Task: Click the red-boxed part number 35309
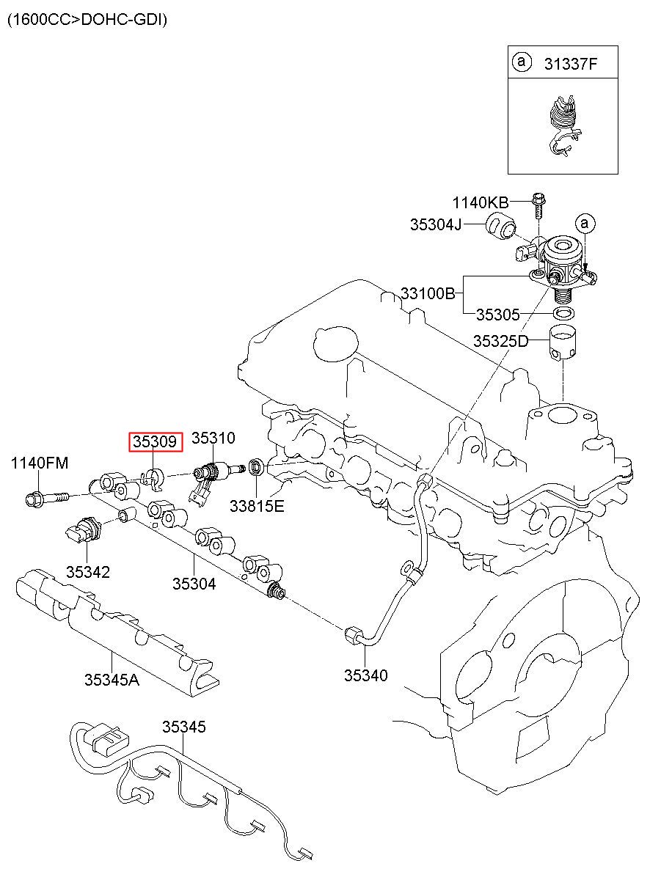pyautogui.click(x=155, y=441)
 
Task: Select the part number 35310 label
pyautogui.click(x=213, y=438)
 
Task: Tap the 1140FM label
pyautogui.click(x=40, y=463)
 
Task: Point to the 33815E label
pyautogui.click(x=257, y=506)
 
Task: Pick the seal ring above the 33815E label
pyautogui.click(x=256, y=466)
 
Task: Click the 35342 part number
pyautogui.click(x=87, y=572)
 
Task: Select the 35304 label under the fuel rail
pyautogui.click(x=194, y=584)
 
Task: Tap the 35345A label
pyautogui.click(x=112, y=680)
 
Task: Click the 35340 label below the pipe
pyautogui.click(x=365, y=675)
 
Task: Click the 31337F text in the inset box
pyautogui.click(x=570, y=64)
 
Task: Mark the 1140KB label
pyautogui.click(x=481, y=203)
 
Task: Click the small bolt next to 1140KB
pyautogui.click(x=537, y=205)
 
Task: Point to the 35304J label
pyautogui.click(x=436, y=225)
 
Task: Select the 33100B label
pyautogui.click(x=428, y=294)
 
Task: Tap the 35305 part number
pyautogui.click(x=497, y=315)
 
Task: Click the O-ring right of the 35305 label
pyautogui.click(x=563, y=313)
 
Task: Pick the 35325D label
pyautogui.click(x=500, y=341)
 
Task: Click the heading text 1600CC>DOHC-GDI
pyautogui.click(x=87, y=19)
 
